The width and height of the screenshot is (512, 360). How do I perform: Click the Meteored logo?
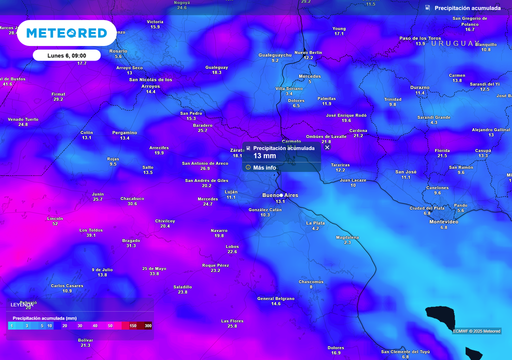point(66,33)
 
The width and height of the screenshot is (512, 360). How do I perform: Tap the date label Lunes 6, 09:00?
point(66,55)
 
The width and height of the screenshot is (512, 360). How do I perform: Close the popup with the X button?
point(327,147)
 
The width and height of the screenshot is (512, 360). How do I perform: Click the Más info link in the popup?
point(264,167)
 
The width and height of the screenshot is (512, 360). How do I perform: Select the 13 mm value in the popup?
point(264,156)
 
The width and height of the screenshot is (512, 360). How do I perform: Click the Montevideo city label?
point(444,221)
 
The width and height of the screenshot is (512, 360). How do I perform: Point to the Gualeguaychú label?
point(275,55)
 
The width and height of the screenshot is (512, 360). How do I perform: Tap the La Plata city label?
point(315,223)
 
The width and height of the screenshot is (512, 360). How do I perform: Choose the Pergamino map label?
point(124,132)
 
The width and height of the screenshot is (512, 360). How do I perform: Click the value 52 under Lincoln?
point(55,223)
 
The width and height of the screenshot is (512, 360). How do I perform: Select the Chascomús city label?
point(311,281)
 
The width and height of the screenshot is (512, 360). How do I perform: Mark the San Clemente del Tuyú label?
point(405,351)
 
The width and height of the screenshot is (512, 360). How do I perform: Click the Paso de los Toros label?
point(420,38)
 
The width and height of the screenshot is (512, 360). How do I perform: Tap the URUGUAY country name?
point(454,43)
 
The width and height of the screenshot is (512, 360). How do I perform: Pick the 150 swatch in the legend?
point(133,325)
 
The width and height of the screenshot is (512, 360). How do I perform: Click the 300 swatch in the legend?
point(147,325)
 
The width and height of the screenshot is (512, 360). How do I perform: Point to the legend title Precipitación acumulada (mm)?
point(44,318)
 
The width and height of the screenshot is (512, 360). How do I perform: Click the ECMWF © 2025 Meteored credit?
point(476,331)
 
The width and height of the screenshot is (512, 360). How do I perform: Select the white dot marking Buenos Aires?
point(281,195)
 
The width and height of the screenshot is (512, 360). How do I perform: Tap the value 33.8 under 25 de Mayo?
point(154,273)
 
